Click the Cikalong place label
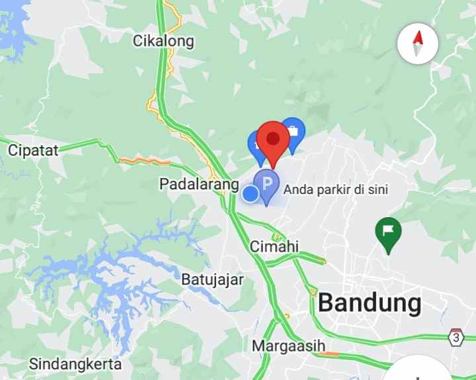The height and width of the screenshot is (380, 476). tap(164, 41)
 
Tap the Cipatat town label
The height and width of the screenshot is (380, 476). tap(33, 150)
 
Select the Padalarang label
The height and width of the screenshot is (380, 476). tap(198, 185)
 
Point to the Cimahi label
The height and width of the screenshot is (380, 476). tap(274, 246)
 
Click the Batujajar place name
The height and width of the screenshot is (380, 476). tap(213, 279)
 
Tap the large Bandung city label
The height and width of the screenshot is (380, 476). tap(370, 303)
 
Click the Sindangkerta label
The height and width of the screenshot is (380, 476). tap(75, 364)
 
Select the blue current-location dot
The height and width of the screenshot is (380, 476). tap(250, 193)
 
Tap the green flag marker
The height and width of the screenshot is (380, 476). tap(389, 232)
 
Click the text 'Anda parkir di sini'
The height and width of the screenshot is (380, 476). tap(335, 189)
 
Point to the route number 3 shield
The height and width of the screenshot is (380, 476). tap(456, 336)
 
